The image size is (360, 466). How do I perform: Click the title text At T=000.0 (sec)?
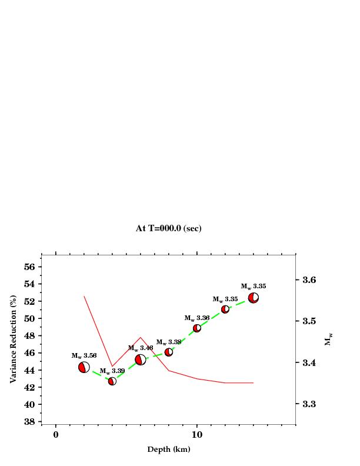(169, 228)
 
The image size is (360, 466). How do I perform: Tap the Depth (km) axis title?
(169, 450)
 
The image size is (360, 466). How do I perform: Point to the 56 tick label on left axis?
(29, 267)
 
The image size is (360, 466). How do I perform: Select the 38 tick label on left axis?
(29, 421)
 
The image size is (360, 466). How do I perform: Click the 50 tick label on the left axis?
(29, 318)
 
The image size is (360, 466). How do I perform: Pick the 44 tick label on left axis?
(29, 370)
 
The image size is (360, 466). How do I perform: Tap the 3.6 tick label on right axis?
(308, 280)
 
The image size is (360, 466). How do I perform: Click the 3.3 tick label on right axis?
(308, 404)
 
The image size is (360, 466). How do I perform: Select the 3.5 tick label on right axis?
(308, 321)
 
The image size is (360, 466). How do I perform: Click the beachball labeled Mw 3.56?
(84, 367)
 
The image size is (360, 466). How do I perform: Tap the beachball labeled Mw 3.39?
(112, 381)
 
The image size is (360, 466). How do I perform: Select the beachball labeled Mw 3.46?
(141, 360)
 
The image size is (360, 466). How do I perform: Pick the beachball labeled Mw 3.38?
(169, 352)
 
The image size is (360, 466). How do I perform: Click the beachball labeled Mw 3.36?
(197, 328)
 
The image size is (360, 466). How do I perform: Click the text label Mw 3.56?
(84, 356)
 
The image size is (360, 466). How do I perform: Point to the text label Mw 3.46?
(141, 348)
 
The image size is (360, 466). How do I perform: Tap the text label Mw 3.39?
(112, 371)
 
